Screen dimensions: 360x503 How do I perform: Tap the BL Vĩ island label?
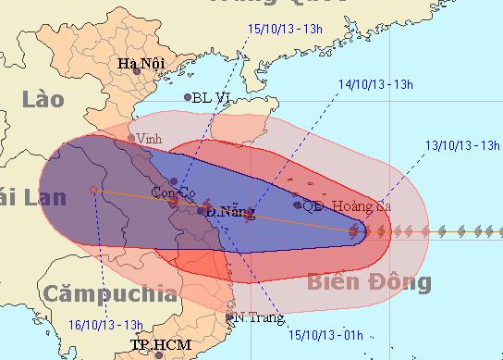tap(212, 96)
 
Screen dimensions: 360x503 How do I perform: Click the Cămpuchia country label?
tap(109, 295)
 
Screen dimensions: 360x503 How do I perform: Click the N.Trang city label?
tap(255, 317)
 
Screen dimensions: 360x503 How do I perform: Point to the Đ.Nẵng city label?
tap(228, 212)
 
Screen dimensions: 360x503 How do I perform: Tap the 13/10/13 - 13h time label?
tap(463, 145)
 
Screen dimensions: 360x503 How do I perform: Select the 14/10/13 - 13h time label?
tap(374, 83)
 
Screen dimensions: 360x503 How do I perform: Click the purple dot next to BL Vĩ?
tap(188, 96)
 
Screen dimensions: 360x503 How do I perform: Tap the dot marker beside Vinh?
tap(130, 139)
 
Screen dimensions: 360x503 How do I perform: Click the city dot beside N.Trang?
tap(230, 317)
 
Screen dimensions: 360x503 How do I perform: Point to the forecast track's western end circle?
tap(93, 190)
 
